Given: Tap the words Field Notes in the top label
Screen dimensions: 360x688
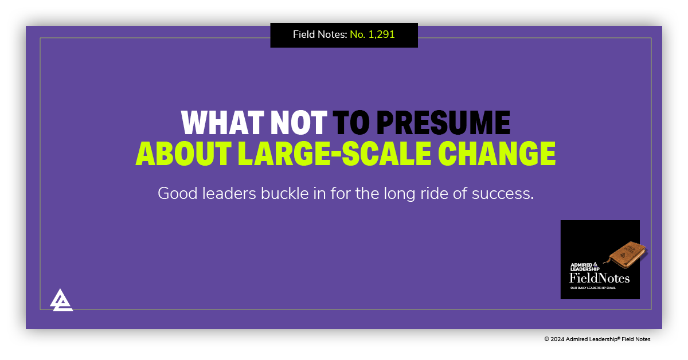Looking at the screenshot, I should click(319, 35).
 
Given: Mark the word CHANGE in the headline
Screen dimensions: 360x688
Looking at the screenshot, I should click(497, 153).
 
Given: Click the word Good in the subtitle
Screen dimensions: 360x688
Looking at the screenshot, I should click(176, 194).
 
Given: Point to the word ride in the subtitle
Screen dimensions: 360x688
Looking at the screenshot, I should click(438, 194).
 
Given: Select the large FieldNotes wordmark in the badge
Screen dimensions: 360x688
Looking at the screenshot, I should click(599, 279).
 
